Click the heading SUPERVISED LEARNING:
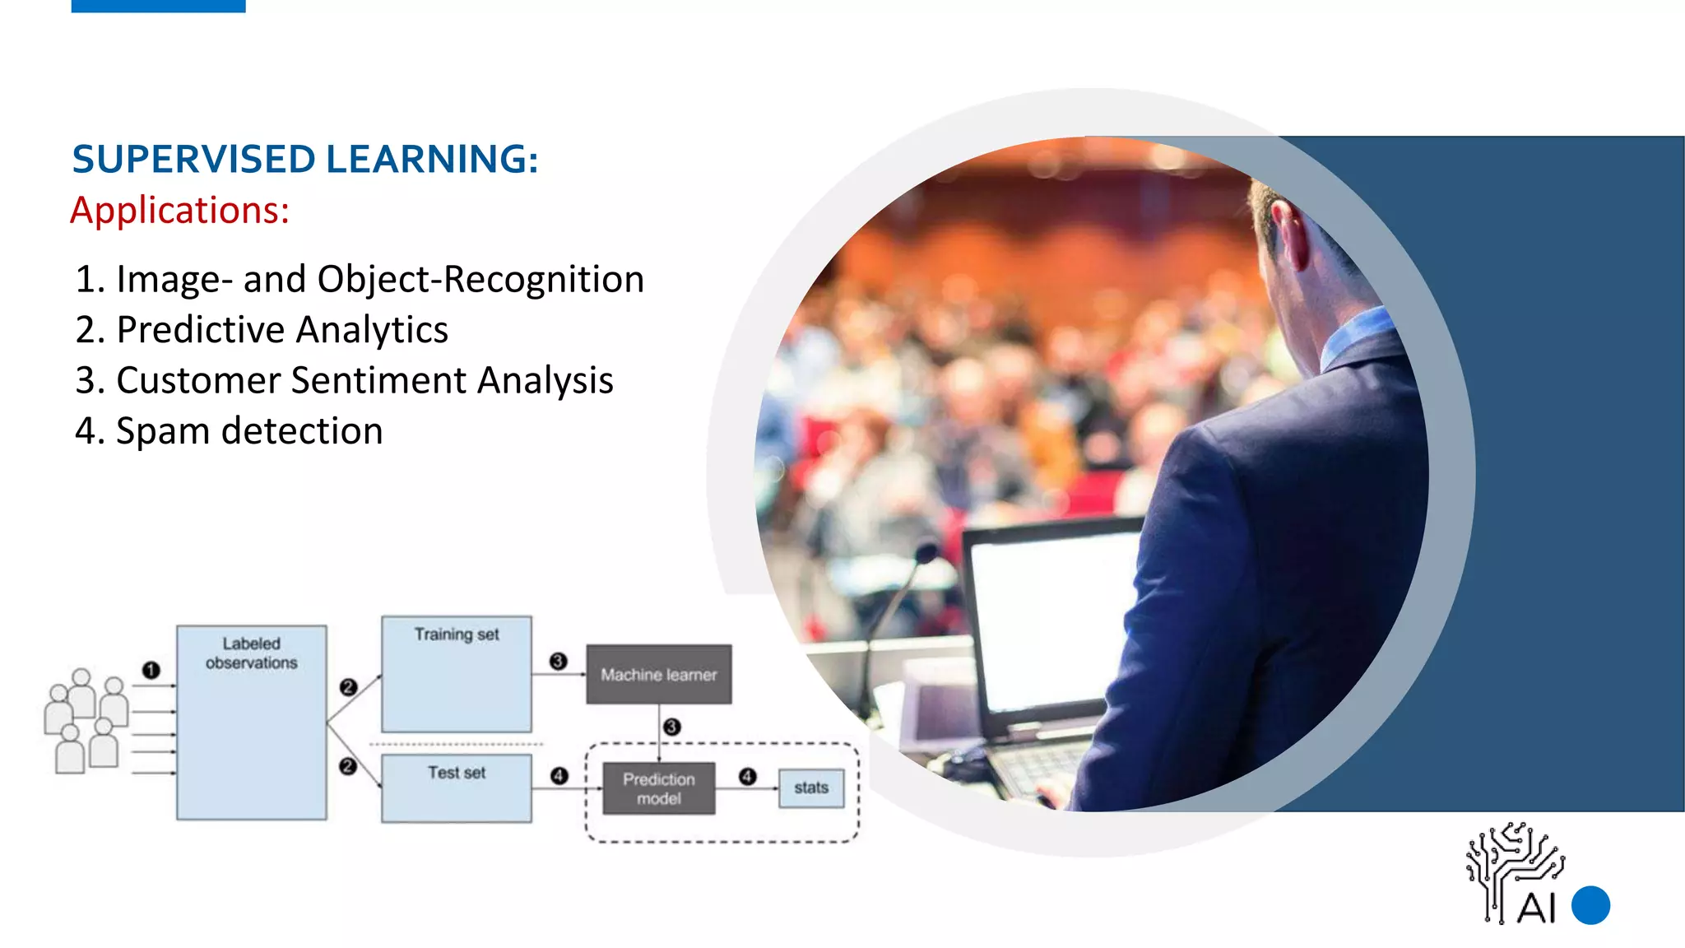tap(305, 160)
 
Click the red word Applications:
tap(180, 211)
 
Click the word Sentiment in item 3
tap(378, 381)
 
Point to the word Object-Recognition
tap(480, 280)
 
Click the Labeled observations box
tap(251, 723)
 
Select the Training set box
tap(456, 674)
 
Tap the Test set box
tap(456, 788)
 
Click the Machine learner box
tap(658, 675)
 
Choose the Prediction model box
tap(658, 788)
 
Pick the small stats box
tap(810, 788)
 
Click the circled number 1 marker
tap(151, 670)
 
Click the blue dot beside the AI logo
tap(1590, 905)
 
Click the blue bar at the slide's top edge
tap(158, 6)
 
